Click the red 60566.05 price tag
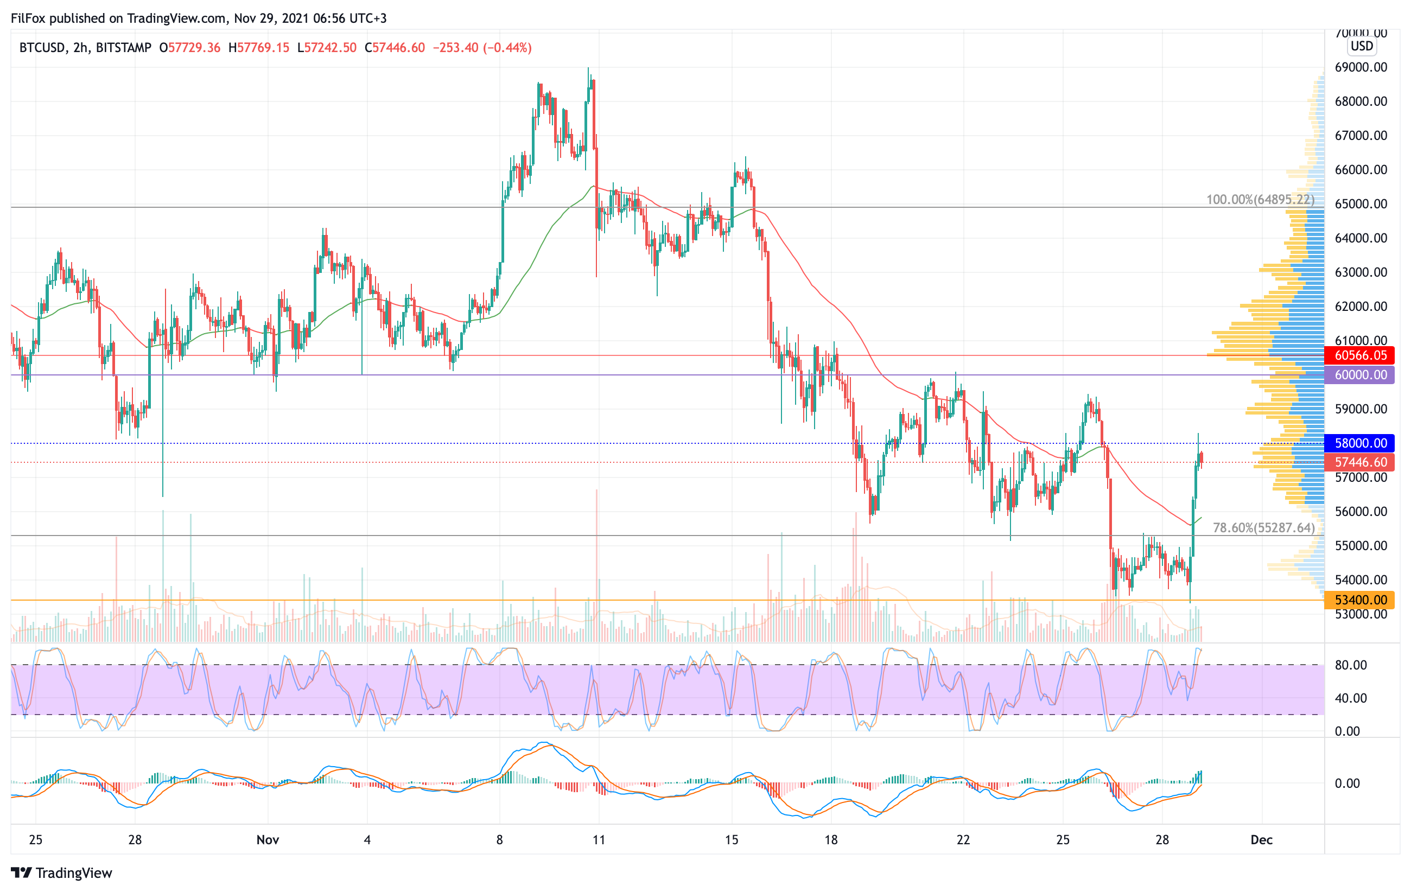[1360, 355]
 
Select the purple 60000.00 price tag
[1360, 375]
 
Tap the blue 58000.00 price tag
[1360, 443]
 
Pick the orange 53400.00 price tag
[1360, 600]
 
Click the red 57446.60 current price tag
[1360, 462]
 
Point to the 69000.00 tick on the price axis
[1361, 67]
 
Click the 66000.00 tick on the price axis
[1361, 170]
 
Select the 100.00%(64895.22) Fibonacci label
[1260, 200]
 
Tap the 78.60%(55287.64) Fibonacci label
[1263, 528]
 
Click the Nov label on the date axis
[268, 840]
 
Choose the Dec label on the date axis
[1262, 840]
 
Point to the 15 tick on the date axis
[732, 840]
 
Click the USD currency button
[1362, 46]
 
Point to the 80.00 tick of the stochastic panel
[1351, 665]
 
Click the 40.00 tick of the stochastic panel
[1351, 698]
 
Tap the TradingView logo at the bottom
[61, 872]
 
